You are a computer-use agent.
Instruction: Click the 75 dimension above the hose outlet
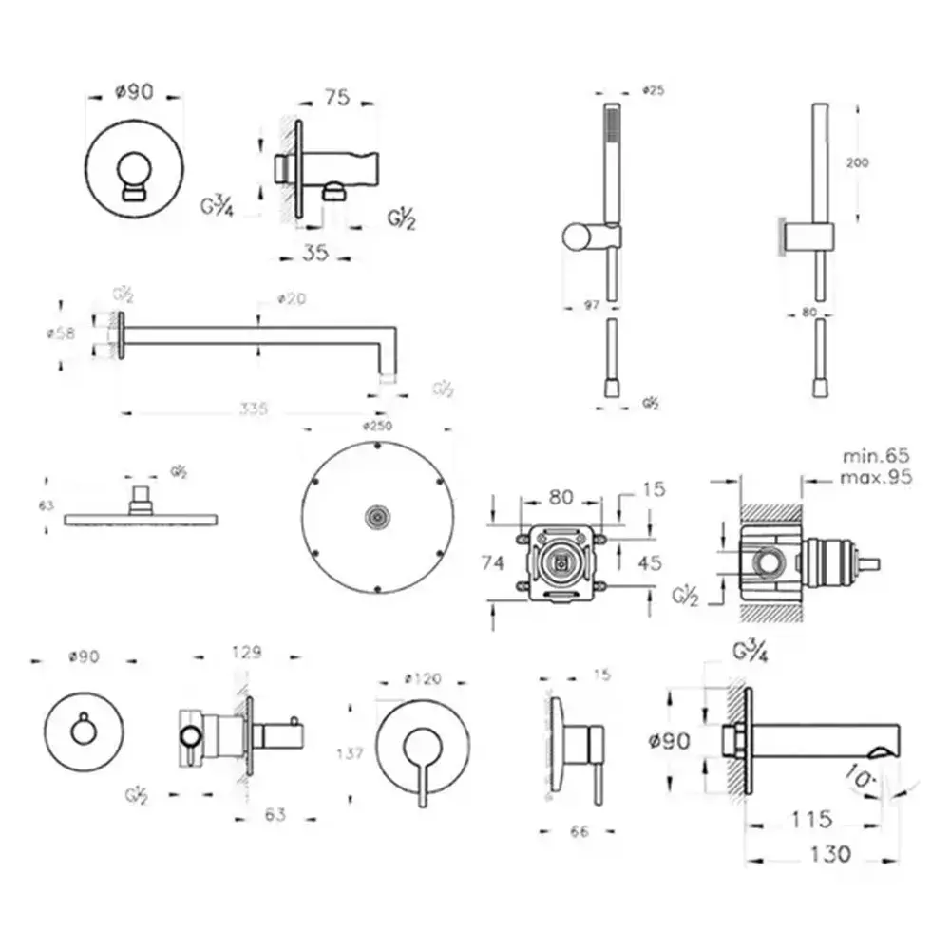coord(337,96)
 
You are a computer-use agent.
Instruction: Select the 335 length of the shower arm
coord(254,409)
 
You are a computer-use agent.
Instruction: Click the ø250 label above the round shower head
coord(377,427)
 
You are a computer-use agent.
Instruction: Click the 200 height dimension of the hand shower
coord(858,162)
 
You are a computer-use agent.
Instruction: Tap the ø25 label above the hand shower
coord(653,90)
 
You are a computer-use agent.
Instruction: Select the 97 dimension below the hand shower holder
coord(590,306)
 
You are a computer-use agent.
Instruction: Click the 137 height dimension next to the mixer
coord(351,753)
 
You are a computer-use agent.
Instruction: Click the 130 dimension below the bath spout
coord(824,854)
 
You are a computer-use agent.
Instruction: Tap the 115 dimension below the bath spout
coord(810,818)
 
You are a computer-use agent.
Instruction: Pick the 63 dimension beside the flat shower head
coord(46,506)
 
